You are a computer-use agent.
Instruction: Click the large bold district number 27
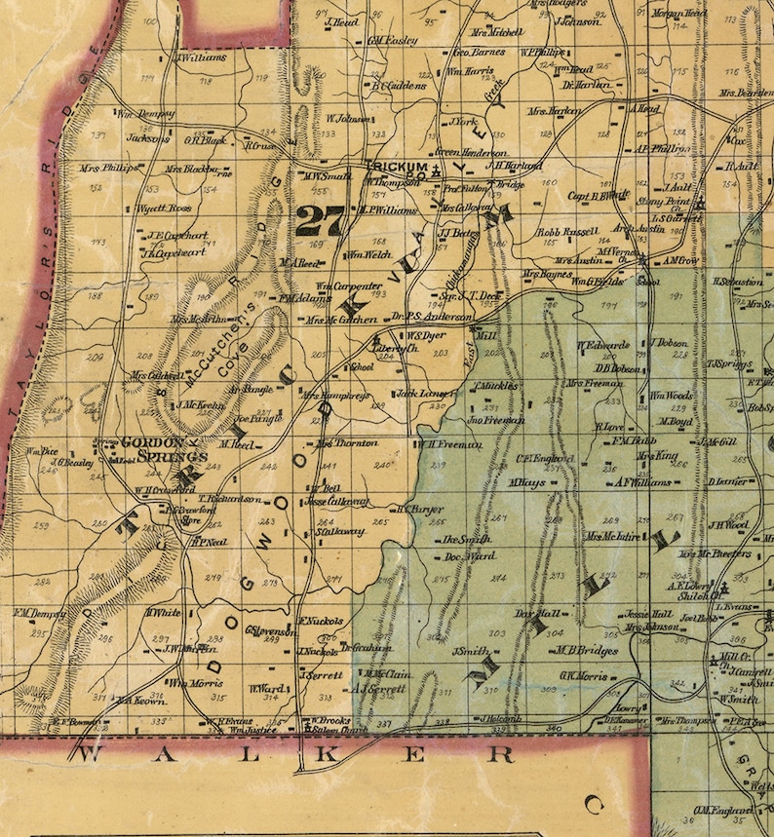click(321, 220)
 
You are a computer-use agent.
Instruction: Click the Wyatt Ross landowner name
click(163, 208)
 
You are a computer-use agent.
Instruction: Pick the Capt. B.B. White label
click(597, 194)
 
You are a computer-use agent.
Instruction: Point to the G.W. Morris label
click(583, 675)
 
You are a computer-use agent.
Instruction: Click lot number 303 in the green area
click(496, 633)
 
